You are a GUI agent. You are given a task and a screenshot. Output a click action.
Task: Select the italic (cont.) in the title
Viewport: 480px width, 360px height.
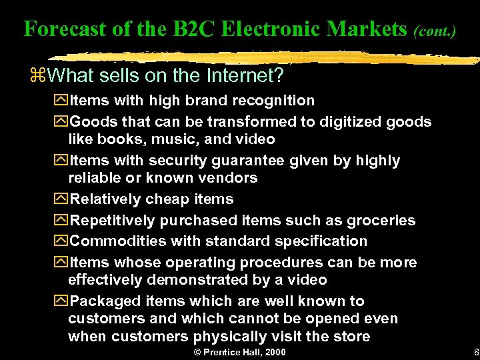434,31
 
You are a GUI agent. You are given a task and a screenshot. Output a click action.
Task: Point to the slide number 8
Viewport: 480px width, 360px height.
475,351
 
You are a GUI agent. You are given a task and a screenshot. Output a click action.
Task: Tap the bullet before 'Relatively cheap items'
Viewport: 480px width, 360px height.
62,199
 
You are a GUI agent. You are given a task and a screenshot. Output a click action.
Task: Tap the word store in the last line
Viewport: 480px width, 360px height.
351,336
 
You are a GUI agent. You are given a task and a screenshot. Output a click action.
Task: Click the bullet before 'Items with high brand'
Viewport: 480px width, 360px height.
62,101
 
